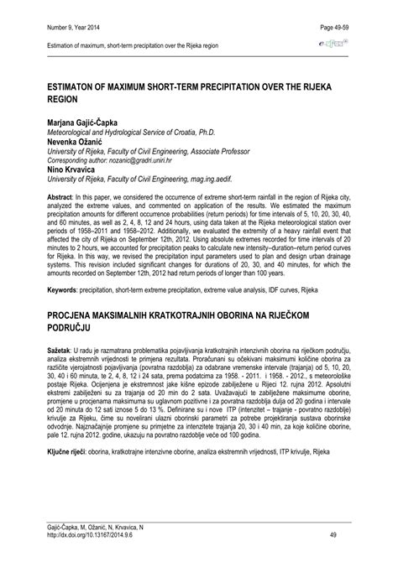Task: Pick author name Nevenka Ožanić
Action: point(71,141)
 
